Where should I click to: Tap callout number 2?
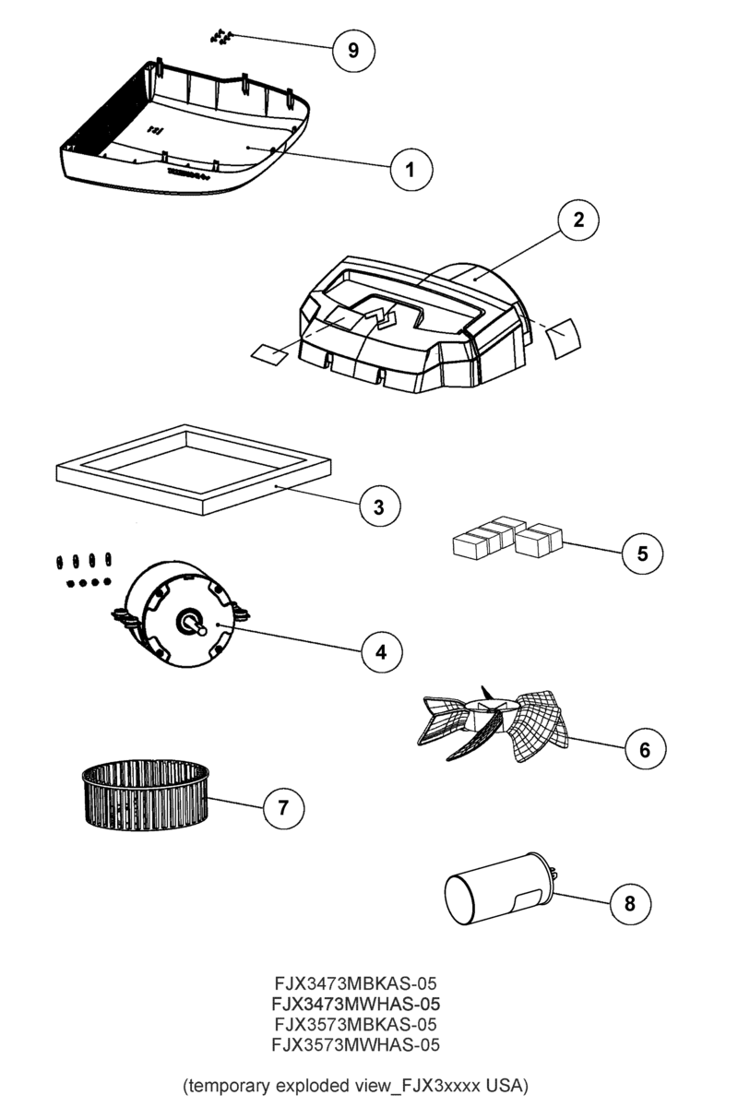pos(577,220)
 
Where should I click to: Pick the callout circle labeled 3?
pos(379,506)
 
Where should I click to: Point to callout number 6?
pos(645,749)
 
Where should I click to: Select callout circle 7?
pos(283,808)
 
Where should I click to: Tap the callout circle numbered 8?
pos(630,903)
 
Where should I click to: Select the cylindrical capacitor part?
pos(499,888)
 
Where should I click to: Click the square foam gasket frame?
pos(191,470)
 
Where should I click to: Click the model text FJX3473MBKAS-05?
pos(355,981)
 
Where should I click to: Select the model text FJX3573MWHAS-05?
pos(355,1045)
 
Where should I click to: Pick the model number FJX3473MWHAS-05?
pos(355,1003)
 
